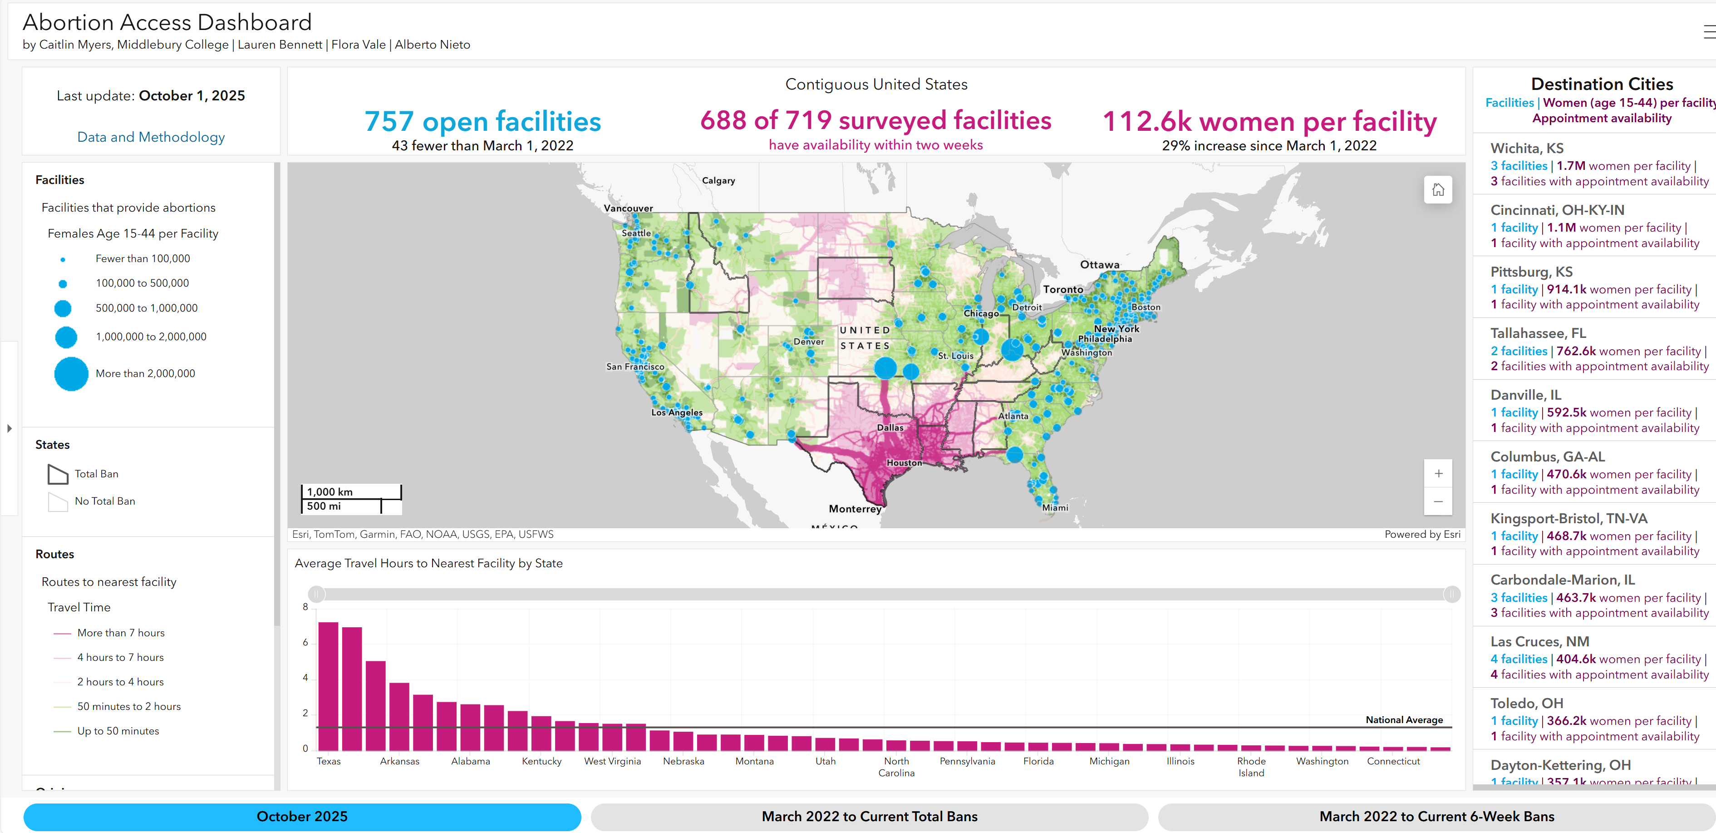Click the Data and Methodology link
coord(151,137)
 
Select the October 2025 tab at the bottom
coord(302,816)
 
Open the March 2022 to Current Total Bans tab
coord(869,816)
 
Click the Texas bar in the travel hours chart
coord(329,686)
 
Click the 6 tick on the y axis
coord(305,642)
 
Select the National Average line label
coord(1404,720)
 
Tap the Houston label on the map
coord(904,462)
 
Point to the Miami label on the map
coord(1055,508)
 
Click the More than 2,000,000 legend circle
coord(71,374)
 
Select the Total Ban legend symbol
coord(58,474)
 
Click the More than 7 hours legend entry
coord(121,632)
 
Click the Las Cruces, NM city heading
coord(1539,641)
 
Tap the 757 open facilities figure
coord(482,121)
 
